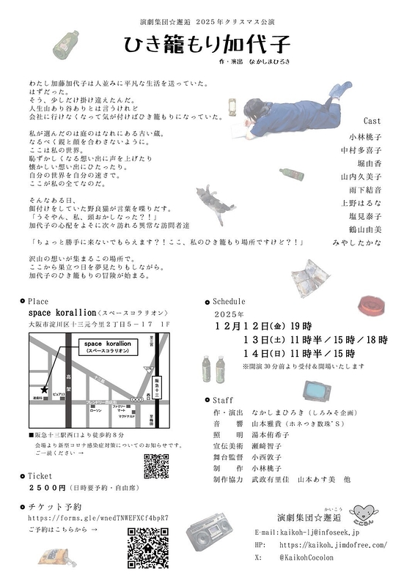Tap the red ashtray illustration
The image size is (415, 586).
point(371,304)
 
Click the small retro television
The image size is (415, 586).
point(317,390)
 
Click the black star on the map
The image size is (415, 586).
point(45,390)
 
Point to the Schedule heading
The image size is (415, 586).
point(229,301)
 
